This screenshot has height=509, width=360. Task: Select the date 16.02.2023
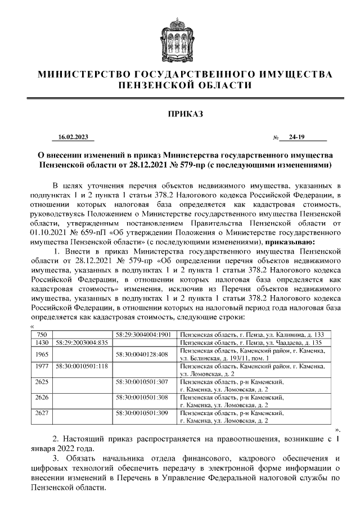click(73, 137)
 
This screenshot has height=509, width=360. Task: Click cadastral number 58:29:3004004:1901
click(143, 334)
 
